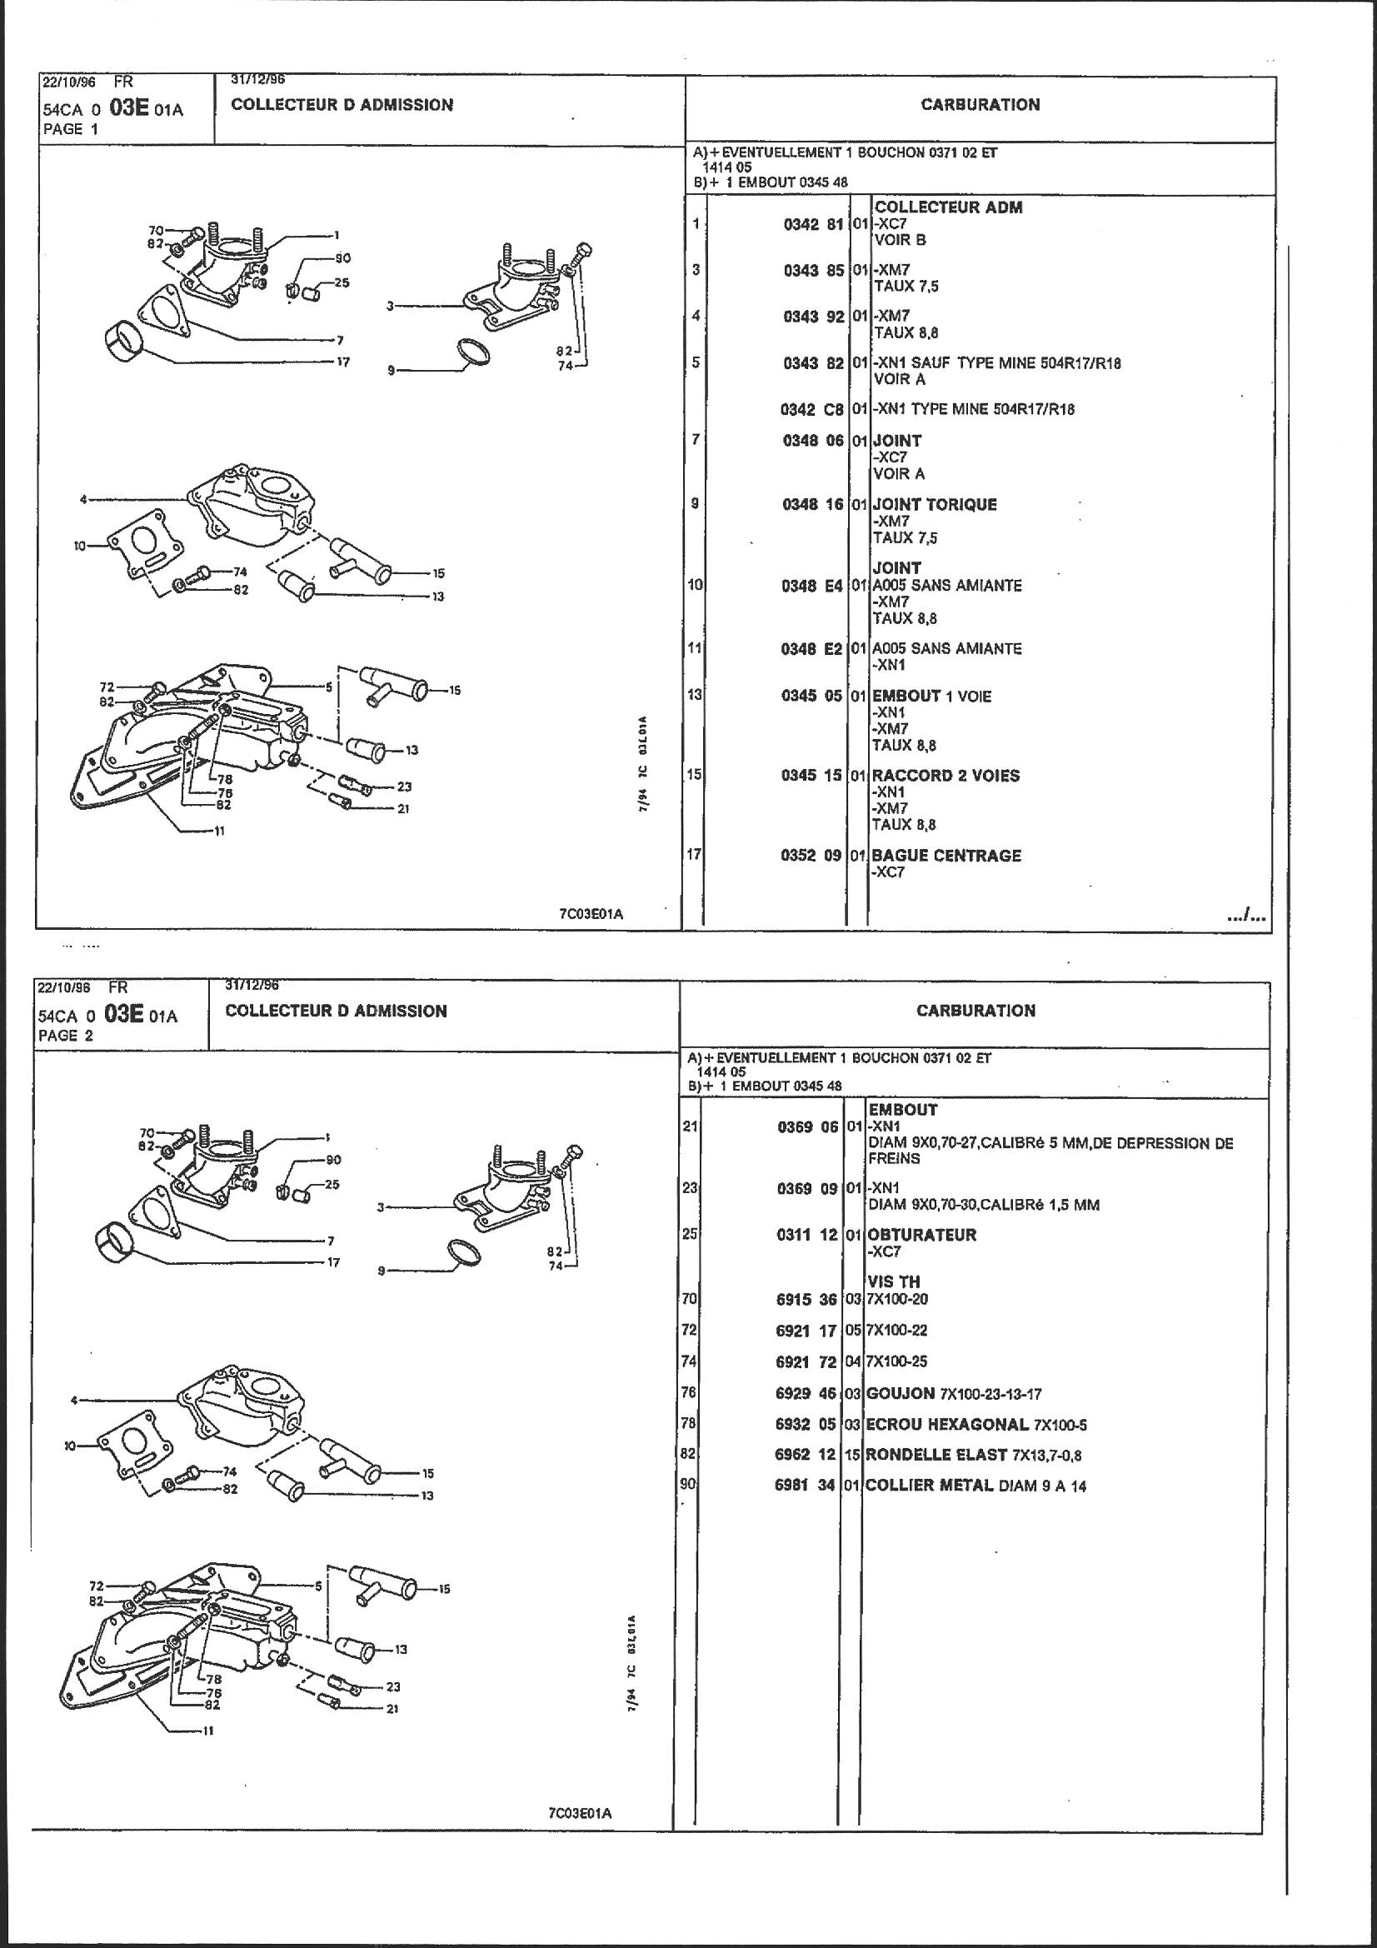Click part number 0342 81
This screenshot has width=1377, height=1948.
(813, 224)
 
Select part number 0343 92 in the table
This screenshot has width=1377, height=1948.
(813, 317)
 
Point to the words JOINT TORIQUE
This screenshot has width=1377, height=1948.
(934, 505)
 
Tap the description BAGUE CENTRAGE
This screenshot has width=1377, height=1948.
(946, 855)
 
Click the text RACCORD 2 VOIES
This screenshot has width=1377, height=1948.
(945, 776)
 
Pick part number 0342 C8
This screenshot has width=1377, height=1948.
(812, 410)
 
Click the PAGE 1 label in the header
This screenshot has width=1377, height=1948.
(71, 130)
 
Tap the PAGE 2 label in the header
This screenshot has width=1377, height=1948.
(66, 1035)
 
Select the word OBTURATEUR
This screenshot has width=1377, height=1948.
(921, 1235)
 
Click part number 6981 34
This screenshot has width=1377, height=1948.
(806, 1486)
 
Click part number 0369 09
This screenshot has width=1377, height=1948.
(808, 1189)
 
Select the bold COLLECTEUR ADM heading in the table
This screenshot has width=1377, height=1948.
(949, 207)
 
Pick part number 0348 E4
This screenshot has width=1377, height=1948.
(813, 586)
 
